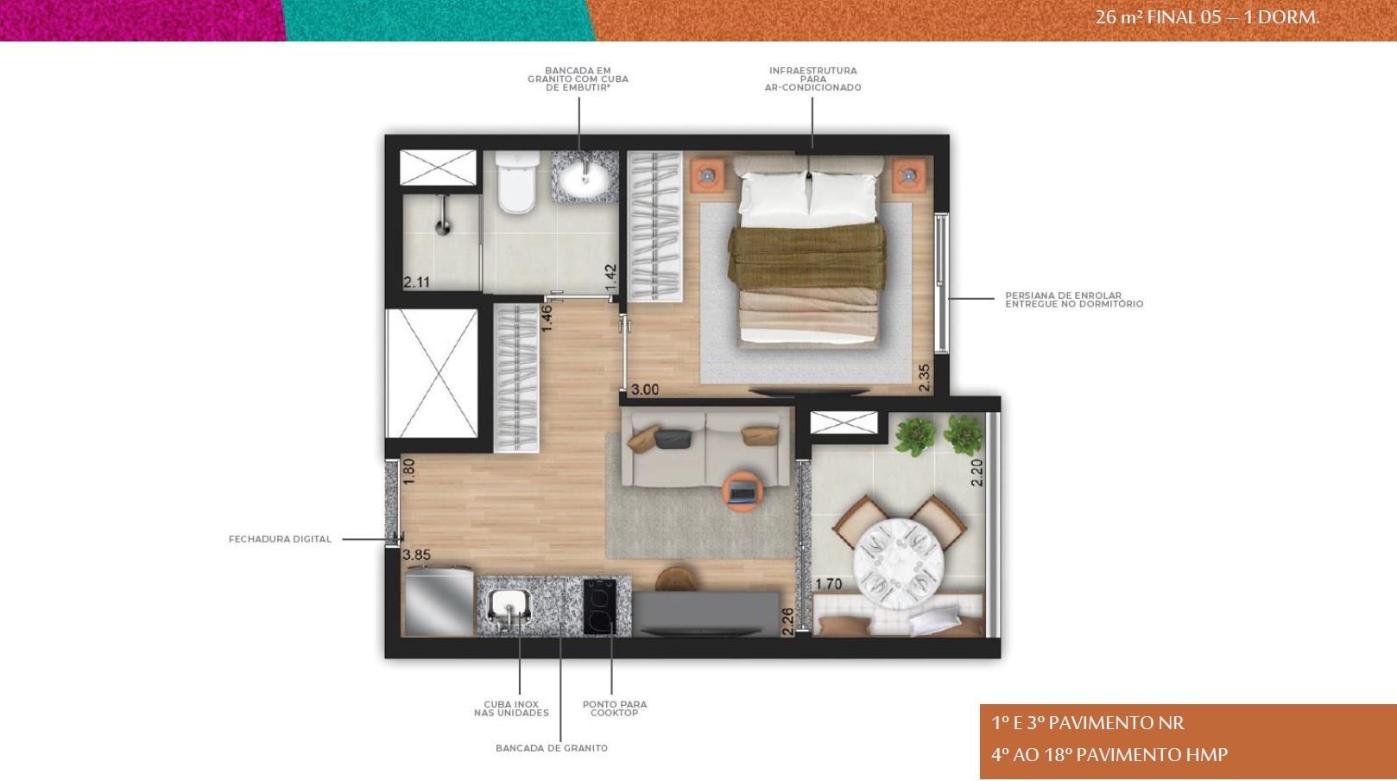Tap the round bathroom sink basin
click(x=585, y=180)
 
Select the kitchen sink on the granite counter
click(x=509, y=606)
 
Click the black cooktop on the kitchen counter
click(x=599, y=606)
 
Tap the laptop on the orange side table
click(x=743, y=492)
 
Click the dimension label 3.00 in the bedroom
click(x=645, y=390)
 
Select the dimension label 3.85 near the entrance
click(x=417, y=556)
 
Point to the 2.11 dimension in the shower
click(x=417, y=282)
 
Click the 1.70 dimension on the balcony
click(x=829, y=584)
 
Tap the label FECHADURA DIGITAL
click(x=280, y=539)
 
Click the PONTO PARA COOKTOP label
click(x=614, y=708)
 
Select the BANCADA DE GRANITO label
click(x=552, y=748)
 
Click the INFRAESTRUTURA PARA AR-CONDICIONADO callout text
click(x=813, y=79)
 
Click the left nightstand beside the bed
click(x=707, y=175)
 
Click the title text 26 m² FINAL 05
click(x=1158, y=16)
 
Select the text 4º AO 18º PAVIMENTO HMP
click(x=1109, y=755)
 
